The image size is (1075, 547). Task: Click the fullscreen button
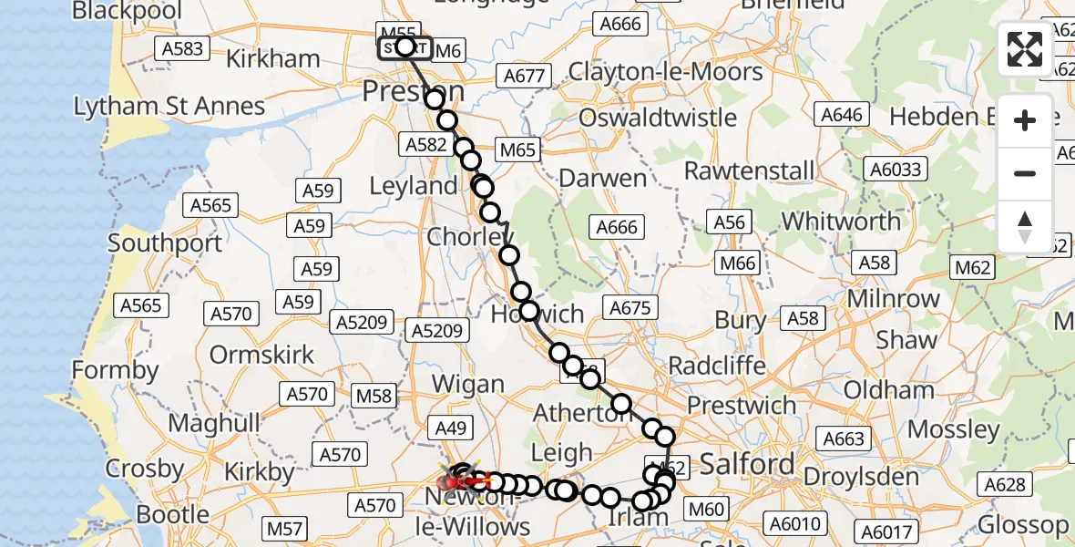click(1025, 49)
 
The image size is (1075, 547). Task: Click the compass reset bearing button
click(1025, 226)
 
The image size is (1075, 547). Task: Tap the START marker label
click(404, 46)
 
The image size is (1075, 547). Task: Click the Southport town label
click(165, 243)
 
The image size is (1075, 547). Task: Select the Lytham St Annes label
click(169, 107)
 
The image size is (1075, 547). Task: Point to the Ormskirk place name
click(262, 354)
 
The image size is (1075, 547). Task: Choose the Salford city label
click(748, 464)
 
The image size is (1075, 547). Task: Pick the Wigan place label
click(466, 383)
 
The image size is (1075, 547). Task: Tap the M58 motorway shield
click(374, 396)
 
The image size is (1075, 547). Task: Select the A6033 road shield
click(896, 169)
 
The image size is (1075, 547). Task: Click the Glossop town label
click(1023, 525)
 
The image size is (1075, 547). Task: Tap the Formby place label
click(115, 371)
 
